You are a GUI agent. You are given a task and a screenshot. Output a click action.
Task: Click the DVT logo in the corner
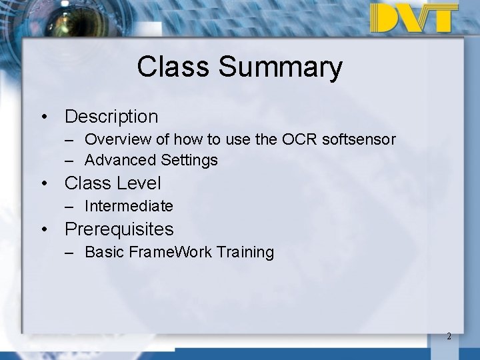point(414,18)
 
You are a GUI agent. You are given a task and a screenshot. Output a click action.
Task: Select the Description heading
point(111,117)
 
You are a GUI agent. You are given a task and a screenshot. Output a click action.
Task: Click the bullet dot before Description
point(44,117)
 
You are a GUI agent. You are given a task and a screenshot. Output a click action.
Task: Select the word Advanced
point(121,161)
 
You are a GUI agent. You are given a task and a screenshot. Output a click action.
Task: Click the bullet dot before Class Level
point(44,183)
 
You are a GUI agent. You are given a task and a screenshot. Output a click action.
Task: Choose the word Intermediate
point(129,206)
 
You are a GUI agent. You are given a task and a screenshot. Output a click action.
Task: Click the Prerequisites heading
point(119,229)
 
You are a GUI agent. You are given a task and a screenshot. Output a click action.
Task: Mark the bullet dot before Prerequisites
point(44,230)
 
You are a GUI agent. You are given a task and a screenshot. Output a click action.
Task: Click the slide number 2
point(449,337)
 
